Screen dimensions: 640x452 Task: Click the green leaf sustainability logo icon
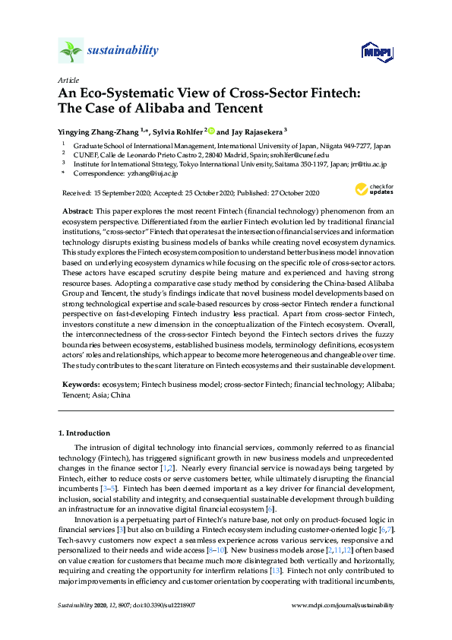pos(70,51)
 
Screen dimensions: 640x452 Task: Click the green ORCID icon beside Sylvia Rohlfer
pos(211,129)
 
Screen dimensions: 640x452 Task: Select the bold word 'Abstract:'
pos(78,209)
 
